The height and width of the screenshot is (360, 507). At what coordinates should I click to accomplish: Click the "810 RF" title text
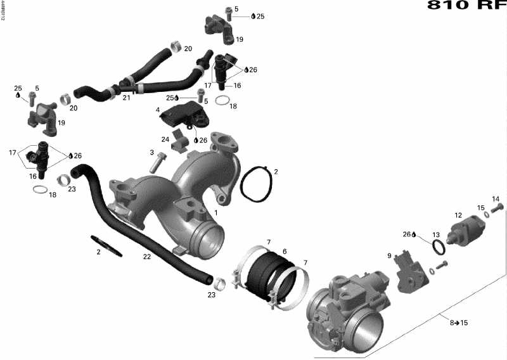(467, 6)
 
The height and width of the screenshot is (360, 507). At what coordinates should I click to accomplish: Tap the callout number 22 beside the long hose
(148, 257)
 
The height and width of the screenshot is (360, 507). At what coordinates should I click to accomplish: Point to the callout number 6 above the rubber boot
(285, 252)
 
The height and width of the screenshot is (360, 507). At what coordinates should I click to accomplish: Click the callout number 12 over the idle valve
(458, 215)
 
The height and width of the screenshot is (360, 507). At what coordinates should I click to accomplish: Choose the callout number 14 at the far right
(496, 200)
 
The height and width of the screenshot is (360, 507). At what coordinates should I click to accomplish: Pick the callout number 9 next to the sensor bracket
(390, 255)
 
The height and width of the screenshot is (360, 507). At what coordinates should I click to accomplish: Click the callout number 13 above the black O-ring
(436, 235)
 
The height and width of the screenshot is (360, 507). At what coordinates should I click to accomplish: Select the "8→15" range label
(459, 323)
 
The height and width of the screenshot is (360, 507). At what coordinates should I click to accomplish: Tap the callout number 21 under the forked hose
(126, 98)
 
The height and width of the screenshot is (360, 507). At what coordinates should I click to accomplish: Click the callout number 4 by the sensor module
(158, 110)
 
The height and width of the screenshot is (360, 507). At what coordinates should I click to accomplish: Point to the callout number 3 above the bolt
(152, 153)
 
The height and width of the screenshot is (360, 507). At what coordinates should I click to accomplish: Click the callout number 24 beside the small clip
(165, 139)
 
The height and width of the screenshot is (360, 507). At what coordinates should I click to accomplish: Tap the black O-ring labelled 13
(437, 247)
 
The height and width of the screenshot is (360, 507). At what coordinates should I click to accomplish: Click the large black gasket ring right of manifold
(257, 186)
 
